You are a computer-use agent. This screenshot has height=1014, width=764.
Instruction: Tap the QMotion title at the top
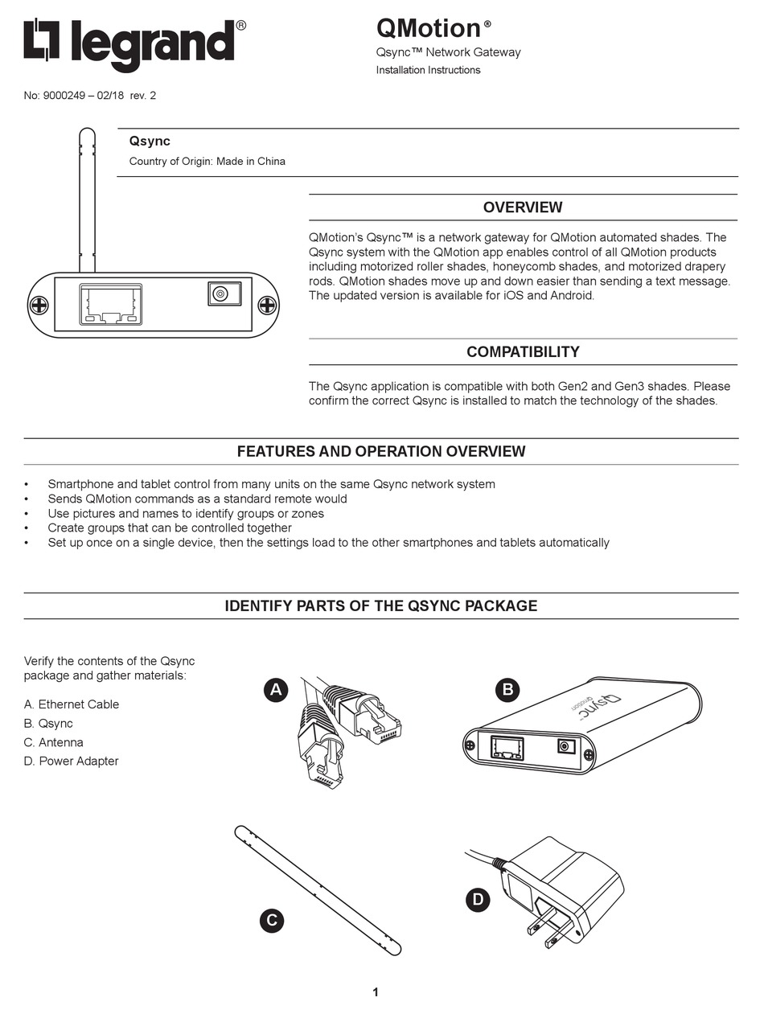tap(429, 29)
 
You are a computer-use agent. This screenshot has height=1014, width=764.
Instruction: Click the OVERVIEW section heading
tap(523, 207)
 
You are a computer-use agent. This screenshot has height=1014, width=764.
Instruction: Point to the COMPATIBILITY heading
tap(523, 352)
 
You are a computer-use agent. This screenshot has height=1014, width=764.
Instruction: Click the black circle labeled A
tap(276, 689)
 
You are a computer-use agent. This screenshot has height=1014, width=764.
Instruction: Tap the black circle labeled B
tap(507, 689)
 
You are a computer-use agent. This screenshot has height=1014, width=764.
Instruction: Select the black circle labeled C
tap(272, 921)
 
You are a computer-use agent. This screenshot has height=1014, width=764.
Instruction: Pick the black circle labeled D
tap(478, 899)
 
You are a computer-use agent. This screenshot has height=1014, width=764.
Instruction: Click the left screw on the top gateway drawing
tap(39, 306)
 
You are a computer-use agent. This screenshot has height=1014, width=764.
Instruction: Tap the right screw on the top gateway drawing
tap(267, 306)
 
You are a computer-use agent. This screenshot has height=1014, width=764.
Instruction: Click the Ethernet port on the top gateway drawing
tap(111, 305)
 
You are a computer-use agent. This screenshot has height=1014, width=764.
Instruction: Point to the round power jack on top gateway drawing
tap(223, 294)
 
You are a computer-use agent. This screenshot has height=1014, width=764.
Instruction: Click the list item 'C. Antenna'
tap(54, 742)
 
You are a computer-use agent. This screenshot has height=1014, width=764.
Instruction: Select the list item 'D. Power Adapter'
tap(72, 761)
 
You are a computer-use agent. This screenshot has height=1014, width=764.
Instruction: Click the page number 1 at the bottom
tap(376, 992)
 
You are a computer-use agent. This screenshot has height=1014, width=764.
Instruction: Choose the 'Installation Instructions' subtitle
tap(428, 70)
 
